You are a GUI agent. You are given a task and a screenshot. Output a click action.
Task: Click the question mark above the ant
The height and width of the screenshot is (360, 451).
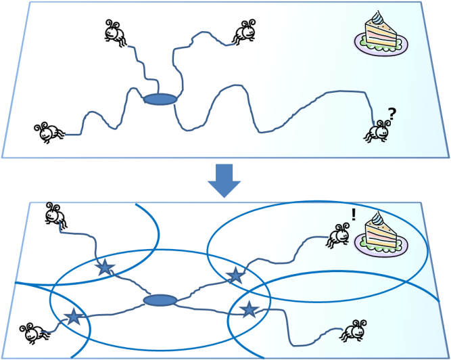pyautogui.click(x=391, y=113)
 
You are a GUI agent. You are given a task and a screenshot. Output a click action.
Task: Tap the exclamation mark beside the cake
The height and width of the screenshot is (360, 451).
pyautogui.click(x=353, y=216)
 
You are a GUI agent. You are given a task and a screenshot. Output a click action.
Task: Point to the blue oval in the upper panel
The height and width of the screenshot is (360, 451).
pyautogui.click(x=160, y=99)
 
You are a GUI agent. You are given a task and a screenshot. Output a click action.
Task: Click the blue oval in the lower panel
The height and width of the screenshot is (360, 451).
pyautogui.click(x=160, y=300)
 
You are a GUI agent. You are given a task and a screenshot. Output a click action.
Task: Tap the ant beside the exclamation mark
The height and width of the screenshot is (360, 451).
pyautogui.click(x=338, y=235)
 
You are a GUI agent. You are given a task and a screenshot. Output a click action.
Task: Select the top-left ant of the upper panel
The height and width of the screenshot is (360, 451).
pyautogui.click(x=116, y=33)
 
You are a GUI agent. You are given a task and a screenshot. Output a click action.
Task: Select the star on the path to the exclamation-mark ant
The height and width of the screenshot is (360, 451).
pyautogui.click(x=235, y=275)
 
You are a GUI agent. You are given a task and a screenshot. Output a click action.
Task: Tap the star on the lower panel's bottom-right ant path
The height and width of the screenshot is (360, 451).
pyautogui.click(x=250, y=310)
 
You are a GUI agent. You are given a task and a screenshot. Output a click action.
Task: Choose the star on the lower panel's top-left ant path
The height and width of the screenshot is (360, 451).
pyautogui.click(x=104, y=267)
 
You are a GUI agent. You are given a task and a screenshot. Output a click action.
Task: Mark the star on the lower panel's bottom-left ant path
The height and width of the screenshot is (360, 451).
pyautogui.click(x=72, y=315)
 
